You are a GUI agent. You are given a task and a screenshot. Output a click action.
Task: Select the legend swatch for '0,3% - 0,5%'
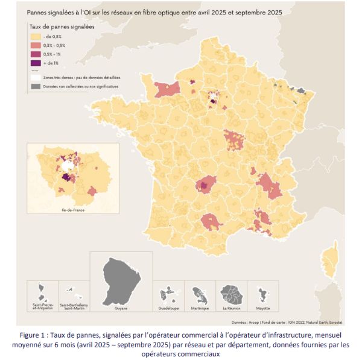(33, 46)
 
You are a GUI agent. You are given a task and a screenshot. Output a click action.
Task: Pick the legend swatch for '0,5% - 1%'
(33, 54)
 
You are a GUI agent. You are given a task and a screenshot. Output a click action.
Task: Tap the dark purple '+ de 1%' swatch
(33, 62)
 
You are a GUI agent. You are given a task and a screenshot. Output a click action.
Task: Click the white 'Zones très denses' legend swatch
(33, 78)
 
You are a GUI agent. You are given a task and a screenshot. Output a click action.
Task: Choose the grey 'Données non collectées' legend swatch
(33, 86)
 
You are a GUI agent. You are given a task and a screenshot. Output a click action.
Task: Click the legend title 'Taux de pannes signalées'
(61, 28)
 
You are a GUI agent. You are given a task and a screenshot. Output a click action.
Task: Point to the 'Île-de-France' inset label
(67, 210)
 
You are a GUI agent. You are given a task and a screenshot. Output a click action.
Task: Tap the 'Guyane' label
(121, 307)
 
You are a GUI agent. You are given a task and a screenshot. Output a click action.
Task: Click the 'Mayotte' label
(264, 307)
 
